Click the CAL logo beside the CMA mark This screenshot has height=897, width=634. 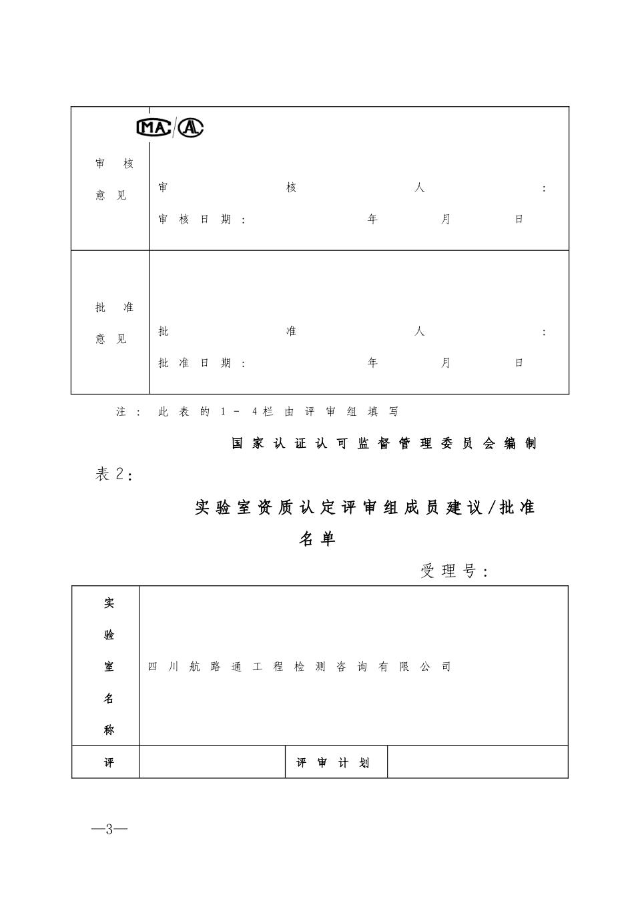point(191,127)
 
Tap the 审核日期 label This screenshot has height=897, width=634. point(202,220)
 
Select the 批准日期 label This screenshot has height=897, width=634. point(202,363)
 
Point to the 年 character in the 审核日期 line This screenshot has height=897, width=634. point(372,220)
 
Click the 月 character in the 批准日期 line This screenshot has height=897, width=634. point(446,363)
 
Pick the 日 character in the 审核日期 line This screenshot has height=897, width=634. point(519,220)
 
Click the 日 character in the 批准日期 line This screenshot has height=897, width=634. point(519,363)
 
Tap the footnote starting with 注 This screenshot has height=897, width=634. point(257,412)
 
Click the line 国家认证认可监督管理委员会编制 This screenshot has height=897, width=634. point(384,444)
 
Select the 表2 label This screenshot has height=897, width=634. point(114,475)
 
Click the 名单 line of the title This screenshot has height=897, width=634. point(317,539)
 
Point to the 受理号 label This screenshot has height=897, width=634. point(454,571)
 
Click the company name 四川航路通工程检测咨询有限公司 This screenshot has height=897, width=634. point(299,667)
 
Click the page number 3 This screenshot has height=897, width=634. point(110,829)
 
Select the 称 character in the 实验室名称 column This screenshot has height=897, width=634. point(109,730)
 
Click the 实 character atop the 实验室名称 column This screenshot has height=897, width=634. point(109,603)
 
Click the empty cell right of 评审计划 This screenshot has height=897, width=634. point(477,762)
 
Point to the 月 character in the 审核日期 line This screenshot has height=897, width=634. point(446,220)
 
